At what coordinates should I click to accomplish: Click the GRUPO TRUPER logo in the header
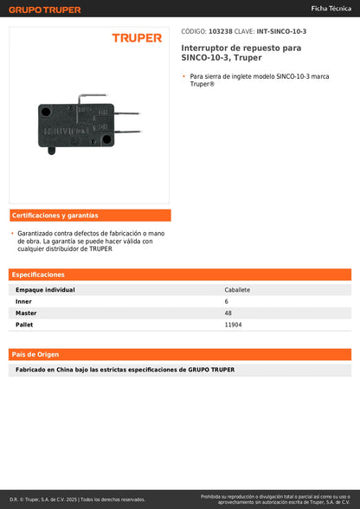point(45,10)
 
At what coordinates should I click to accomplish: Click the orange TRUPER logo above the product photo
point(137,38)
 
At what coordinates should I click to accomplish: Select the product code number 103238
point(220,31)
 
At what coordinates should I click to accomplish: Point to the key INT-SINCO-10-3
point(281,31)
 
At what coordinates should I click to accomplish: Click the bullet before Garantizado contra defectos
point(12,233)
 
